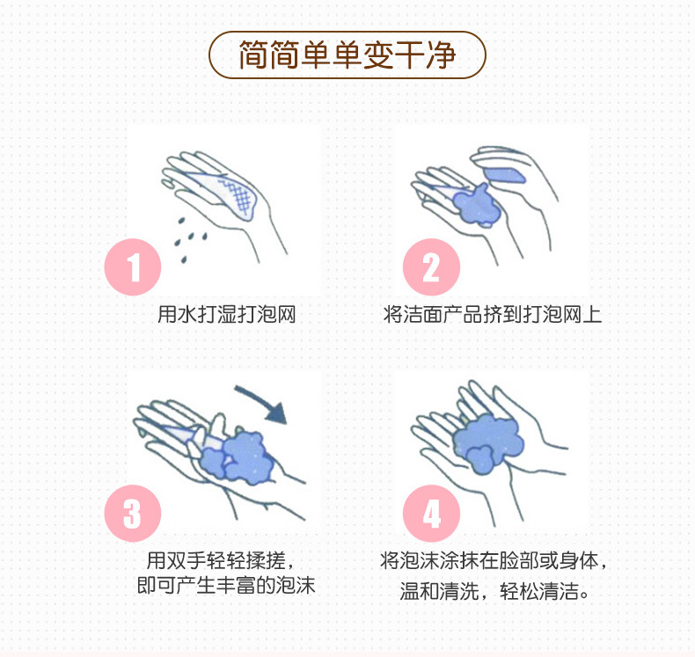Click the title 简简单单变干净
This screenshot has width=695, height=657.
click(347, 55)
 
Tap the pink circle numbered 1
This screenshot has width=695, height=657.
click(133, 266)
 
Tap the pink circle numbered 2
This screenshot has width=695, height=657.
click(431, 266)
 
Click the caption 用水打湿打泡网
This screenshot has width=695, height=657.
click(226, 314)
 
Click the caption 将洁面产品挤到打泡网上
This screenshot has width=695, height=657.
click(493, 314)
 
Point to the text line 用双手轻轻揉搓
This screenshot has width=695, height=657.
click(226, 559)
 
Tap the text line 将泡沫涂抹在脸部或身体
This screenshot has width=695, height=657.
click(494, 559)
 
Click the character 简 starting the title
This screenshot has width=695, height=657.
click(253, 55)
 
